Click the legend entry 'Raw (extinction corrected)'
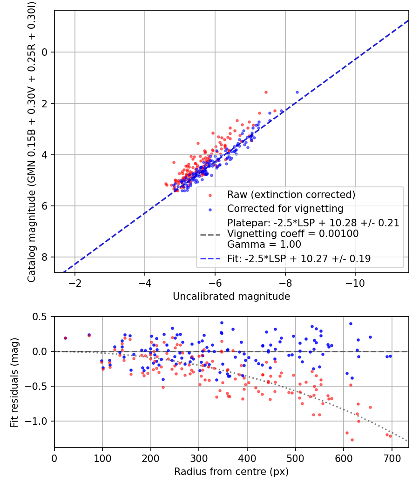tap(291, 194)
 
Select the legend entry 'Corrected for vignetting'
tap(285, 208)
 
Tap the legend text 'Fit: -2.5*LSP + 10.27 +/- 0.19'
tap(299, 259)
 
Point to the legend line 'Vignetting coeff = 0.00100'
tap(293, 234)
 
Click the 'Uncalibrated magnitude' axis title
tap(231, 297)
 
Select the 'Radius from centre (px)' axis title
tap(231, 472)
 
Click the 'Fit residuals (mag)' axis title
tap(14, 382)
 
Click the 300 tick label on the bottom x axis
tap(199, 458)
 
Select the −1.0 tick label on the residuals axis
tap(38, 421)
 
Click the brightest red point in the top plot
tap(266, 92)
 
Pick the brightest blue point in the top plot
tap(297, 92)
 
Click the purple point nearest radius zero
tap(65, 338)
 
